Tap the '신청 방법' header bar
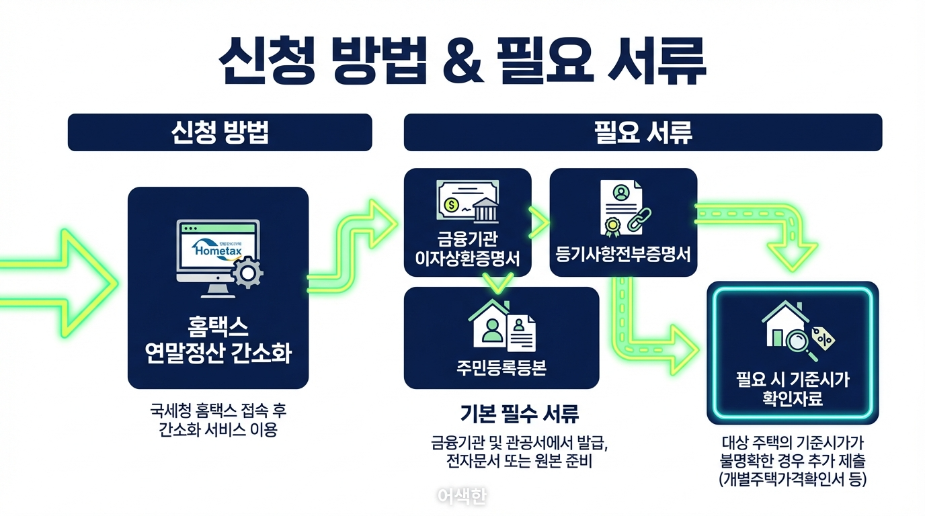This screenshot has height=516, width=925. pyautogui.click(x=219, y=132)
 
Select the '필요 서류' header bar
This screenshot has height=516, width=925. pyautogui.click(x=643, y=132)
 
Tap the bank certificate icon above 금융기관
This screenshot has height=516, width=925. pyautogui.click(x=467, y=201)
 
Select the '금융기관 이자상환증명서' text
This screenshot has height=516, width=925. pyautogui.click(x=467, y=249)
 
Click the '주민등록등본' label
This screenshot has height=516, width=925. pyautogui.click(x=501, y=368)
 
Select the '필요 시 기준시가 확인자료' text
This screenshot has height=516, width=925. pyautogui.click(x=793, y=390)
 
